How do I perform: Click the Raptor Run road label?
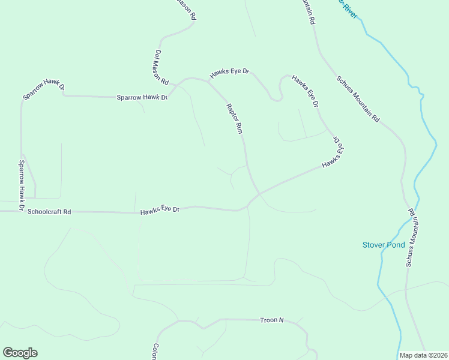point(235,118)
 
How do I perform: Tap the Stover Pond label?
point(384,245)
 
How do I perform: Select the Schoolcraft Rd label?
point(49,212)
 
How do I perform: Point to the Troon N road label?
point(272,320)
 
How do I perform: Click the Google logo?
point(20,353)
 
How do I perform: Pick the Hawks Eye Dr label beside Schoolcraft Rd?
point(160,210)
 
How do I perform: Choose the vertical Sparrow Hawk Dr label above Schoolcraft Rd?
point(21,186)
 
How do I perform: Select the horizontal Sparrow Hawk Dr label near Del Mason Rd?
point(142,97)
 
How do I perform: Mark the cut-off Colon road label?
point(154,352)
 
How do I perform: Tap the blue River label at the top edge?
point(348,7)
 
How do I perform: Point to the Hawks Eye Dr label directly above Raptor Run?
point(229,73)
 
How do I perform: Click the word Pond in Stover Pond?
point(394,245)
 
